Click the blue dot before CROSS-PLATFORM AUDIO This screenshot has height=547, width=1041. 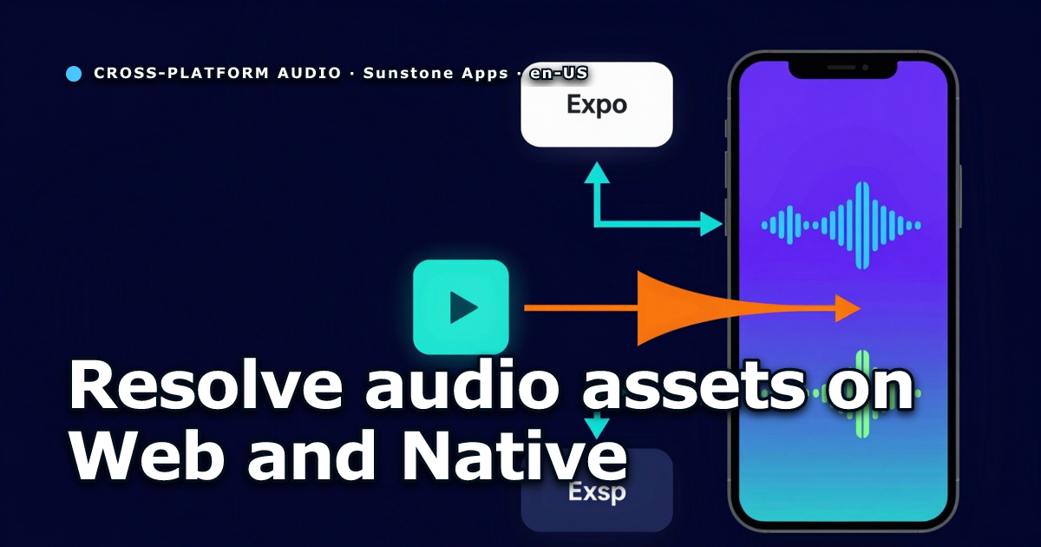point(74,74)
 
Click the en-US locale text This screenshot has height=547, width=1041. point(559,73)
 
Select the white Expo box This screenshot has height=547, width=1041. point(597,105)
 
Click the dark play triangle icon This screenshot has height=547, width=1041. point(463,307)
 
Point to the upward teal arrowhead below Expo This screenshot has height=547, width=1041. point(597,172)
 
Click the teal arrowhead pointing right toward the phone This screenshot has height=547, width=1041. point(711,224)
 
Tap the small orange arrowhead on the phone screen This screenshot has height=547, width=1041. point(848,308)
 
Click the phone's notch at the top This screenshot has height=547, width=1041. point(842,69)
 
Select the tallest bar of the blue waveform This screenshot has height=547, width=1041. point(862,226)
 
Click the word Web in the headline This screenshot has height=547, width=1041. point(147,454)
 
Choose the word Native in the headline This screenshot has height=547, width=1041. point(514,454)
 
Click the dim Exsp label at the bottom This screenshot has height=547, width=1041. point(597,492)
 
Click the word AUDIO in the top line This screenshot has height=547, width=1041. point(310,73)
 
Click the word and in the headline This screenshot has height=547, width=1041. point(311,454)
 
